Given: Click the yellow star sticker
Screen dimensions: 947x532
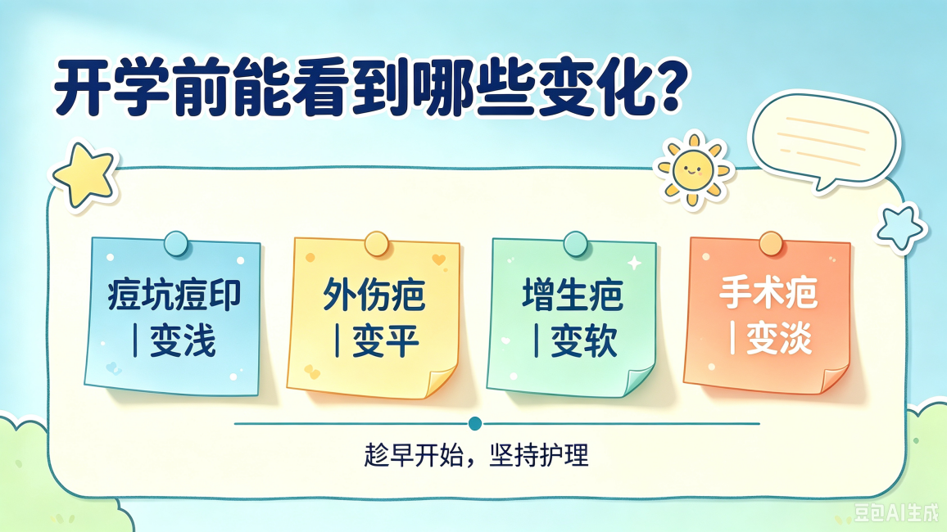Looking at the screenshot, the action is pyautogui.click(x=84, y=175).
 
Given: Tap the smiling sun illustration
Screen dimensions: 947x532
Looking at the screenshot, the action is pyautogui.click(x=692, y=169).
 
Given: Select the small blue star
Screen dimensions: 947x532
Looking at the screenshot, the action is pyautogui.click(x=900, y=228).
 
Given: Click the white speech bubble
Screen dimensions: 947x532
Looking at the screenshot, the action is pyautogui.click(x=824, y=140).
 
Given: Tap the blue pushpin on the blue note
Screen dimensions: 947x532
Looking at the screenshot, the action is pyautogui.click(x=176, y=244).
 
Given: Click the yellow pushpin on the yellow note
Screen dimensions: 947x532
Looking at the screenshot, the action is pyautogui.click(x=376, y=244).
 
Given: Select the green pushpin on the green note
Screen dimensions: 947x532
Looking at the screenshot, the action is pyautogui.click(x=575, y=244).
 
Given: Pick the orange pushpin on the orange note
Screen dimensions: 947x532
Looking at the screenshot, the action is pyautogui.click(x=771, y=244).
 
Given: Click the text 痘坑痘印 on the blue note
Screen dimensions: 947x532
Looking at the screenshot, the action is pyautogui.click(x=174, y=295).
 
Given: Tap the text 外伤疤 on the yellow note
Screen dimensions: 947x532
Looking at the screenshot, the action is pyautogui.click(x=374, y=295).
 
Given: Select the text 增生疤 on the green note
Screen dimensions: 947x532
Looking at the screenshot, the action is pyautogui.click(x=572, y=295).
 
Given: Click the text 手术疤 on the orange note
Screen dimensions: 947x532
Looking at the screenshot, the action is pyautogui.click(x=768, y=293).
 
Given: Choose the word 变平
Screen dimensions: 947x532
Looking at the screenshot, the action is pyautogui.click(x=385, y=340).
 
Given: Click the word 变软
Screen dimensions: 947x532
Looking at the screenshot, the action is pyautogui.click(x=583, y=340).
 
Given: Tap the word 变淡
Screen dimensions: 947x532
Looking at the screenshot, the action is pyautogui.click(x=779, y=338).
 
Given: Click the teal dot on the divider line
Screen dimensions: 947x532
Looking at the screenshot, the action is pyautogui.click(x=474, y=423).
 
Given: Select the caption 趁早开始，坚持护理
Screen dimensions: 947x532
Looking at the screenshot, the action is pyautogui.click(x=476, y=455).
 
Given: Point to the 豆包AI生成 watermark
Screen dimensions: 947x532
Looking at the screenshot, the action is pyautogui.click(x=897, y=512).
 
